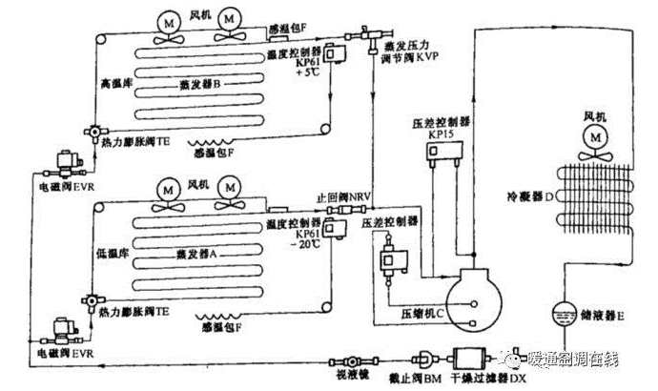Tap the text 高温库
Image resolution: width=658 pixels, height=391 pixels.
coord(113,84)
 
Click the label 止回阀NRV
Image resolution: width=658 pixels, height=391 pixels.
coord(341,198)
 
